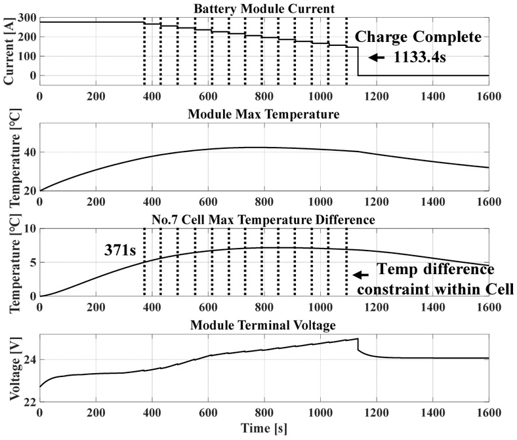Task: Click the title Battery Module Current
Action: tap(264, 9)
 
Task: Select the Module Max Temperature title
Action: tap(263, 115)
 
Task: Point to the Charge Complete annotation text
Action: tap(423, 37)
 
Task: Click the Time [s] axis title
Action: tap(264, 431)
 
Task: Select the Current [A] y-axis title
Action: tap(9, 50)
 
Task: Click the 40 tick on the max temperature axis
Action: tap(29, 152)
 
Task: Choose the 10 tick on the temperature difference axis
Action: tap(29, 229)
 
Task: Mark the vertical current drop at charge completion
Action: tap(358, 62)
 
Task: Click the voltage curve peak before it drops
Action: tap(357, 339)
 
